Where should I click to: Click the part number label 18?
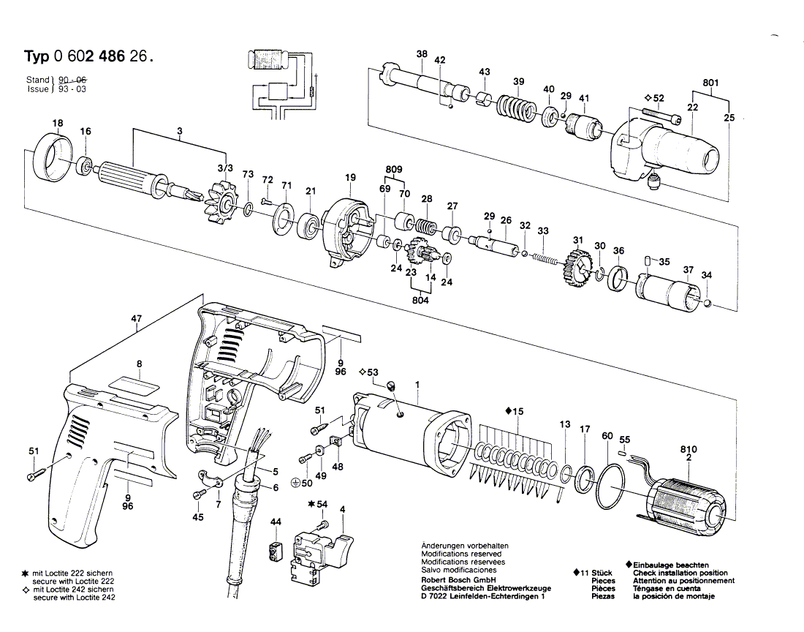coord(57,123)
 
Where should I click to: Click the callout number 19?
coord(350,177)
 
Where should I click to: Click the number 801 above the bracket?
coord(710,83)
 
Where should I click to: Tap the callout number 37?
coord(688,271)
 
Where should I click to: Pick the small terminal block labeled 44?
coord(276,551)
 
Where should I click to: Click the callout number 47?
coord(137,319)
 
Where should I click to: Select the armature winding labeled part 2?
coord(685,504)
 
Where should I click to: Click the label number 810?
coord(688,449)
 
